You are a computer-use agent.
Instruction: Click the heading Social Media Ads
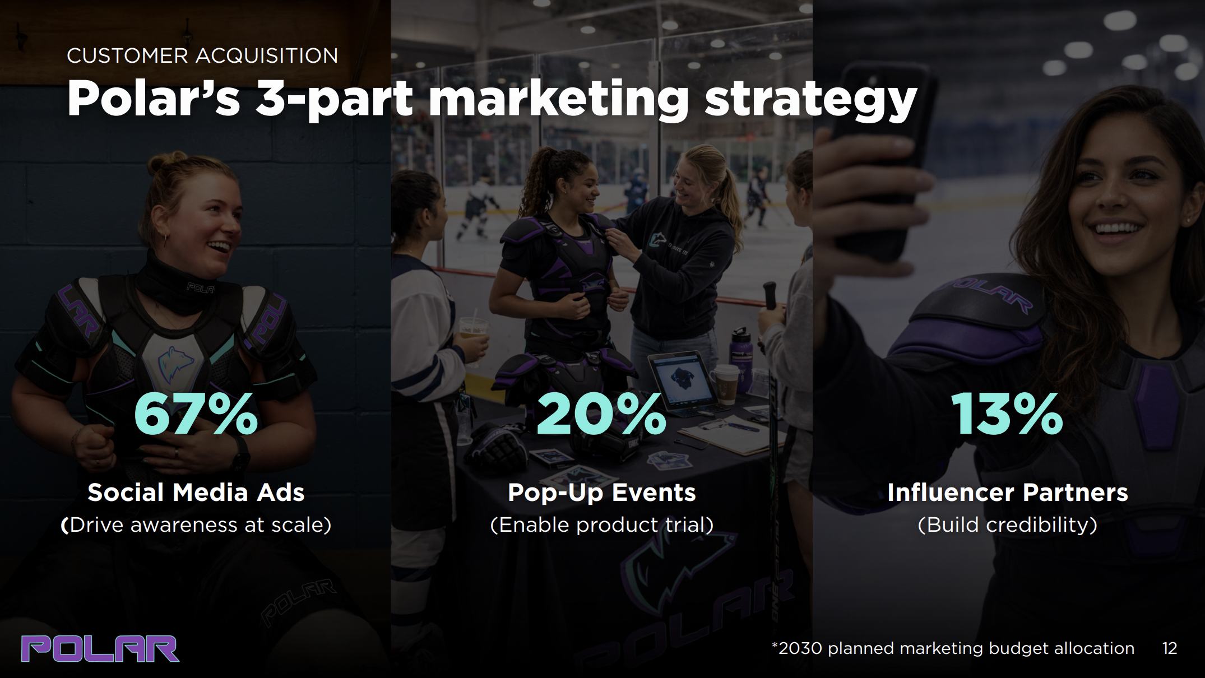(x=196, y=493)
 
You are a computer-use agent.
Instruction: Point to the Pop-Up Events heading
(x=601, y=493)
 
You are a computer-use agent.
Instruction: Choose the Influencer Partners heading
(x=1007, y=493)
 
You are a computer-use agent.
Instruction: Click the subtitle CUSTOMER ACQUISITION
(x=202, y=55)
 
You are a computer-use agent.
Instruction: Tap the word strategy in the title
(x=810, y=99)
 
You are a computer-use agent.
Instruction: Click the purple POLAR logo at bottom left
(x=100, y=648)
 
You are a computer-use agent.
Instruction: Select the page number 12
(x=1170, y=648)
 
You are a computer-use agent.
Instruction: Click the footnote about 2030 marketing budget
(x=953, y=648)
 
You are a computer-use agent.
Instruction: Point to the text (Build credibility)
(x=1007, y=525)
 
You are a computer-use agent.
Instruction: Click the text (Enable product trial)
(x=601, y=525)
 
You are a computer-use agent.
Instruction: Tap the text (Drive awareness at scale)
(x=196, y=525)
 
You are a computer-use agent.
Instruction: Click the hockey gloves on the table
(x=499, y=448)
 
